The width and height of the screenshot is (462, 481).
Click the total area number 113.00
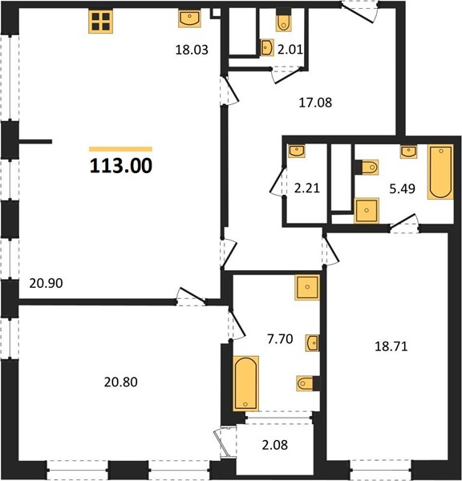[x=121, y=166]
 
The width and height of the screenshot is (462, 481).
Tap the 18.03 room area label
[x=192, y=50]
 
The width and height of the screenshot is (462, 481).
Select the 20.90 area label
[x=46, y=283]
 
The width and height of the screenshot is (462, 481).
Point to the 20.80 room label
[x=120, y=382]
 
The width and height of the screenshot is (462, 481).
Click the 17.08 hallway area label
[x=315, y=103]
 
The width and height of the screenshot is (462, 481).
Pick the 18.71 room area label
[x=391, y=346]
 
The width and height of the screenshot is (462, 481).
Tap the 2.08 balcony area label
[x=275, y=445]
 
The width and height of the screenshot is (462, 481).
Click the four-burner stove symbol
[x=101, y=21]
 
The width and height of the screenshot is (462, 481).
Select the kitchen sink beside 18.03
[x=190, y=18]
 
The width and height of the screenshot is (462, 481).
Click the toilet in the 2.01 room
[x=283, y=22]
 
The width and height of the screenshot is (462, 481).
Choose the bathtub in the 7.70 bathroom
[x=246, y=383]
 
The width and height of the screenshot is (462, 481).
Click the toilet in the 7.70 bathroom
[x=306, y=383]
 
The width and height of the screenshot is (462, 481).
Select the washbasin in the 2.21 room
[x=297, y=151]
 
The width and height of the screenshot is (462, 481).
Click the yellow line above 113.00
[x=120, y=149]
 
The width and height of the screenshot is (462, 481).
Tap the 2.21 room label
[x=307, y=188]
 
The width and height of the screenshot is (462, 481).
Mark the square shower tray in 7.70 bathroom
[x=307, y=287]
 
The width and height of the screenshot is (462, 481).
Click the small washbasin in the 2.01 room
[x=267, y=47]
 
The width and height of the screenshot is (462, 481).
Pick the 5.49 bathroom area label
[x=402, y=189]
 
